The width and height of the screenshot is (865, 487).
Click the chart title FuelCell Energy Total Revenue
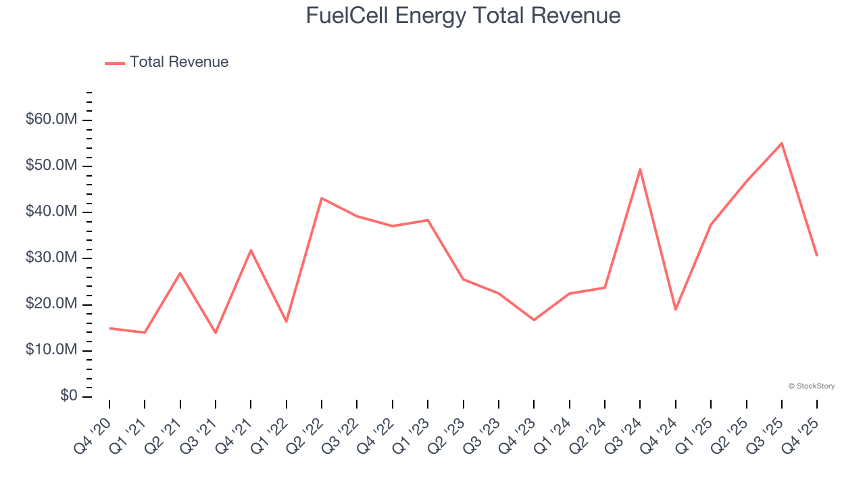click(x=463, y=15)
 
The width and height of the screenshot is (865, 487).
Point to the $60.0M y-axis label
click(x=51, y=120)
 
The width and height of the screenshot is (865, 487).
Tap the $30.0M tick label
click(x=51, y=258)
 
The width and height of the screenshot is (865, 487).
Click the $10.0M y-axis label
click(x=51, y=350)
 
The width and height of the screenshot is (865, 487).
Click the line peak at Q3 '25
click(x=782, y=143)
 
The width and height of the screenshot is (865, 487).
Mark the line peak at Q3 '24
click(x=640, y=169)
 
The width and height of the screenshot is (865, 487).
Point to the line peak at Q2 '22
click(x=322, y=198)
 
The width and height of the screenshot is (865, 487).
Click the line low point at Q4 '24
click(x=675, y=309)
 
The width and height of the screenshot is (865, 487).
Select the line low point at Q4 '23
click(x=534, y=320)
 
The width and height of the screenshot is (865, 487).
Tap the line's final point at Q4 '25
click(x=817, y=256)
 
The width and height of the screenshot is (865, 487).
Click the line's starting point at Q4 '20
click(x=109, y=328)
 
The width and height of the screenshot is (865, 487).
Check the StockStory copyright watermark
click(x=811, y=386)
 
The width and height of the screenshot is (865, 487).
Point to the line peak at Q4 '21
click(x=251, y=250)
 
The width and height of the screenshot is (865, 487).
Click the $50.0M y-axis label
click(x=51, y=166)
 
